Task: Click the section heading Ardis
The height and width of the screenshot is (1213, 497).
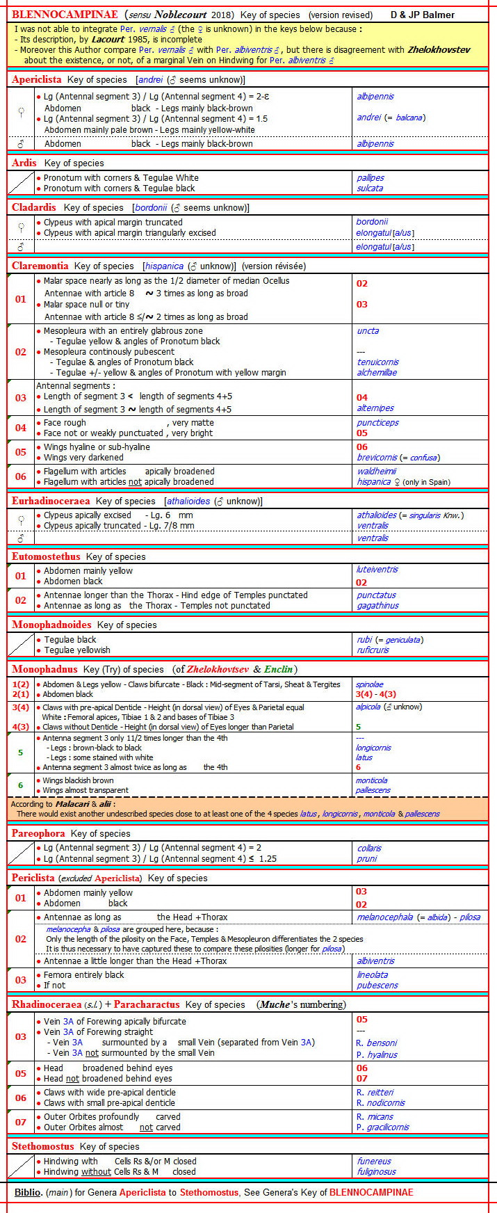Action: (24, 163)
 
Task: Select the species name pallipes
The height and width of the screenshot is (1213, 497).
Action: (370, 178)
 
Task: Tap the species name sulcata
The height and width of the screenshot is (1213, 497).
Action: (370, 188)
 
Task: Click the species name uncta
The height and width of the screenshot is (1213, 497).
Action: (368, 331)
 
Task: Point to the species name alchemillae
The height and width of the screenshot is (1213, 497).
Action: (377, 372)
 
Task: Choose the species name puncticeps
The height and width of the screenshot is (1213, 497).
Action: (377, 423)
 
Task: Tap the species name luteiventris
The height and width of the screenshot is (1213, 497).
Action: (377, 570)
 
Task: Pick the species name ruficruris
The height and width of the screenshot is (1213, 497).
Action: (373, 650)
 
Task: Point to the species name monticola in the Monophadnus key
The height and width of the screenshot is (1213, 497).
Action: (372, 780)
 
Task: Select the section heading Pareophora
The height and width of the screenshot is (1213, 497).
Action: (38, 833)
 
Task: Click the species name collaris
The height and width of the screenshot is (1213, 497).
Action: (369, 849)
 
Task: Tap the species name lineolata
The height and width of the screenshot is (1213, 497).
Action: (373, 975)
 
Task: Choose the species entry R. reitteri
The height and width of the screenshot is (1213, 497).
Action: (375, 1093)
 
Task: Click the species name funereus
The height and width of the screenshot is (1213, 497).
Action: (374, 1161)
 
